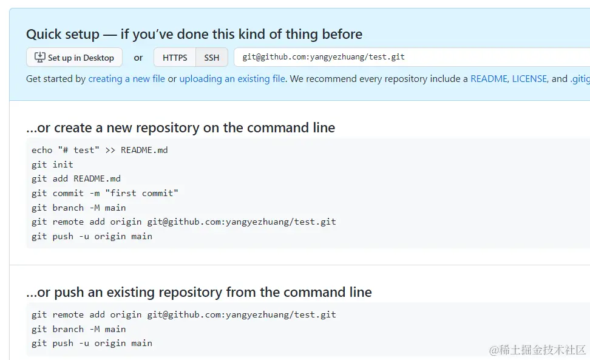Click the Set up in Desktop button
[74, 58]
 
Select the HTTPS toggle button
[175, 58]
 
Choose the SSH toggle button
[211, 58]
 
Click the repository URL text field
[413, 57]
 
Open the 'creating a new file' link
[126, 79]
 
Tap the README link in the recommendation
[489, 79]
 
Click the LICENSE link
[530, 79]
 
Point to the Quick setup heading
[194, 35]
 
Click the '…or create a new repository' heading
[180, 128]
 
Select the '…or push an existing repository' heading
[198, 293]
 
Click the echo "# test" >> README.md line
[100, 150]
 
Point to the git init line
[52, 165]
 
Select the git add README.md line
[76, 178]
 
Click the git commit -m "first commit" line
[104, 193]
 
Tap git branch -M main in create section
[78, 208]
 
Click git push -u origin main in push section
[92, 343]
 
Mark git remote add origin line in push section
[183, 314]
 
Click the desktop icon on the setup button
[40, 58]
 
